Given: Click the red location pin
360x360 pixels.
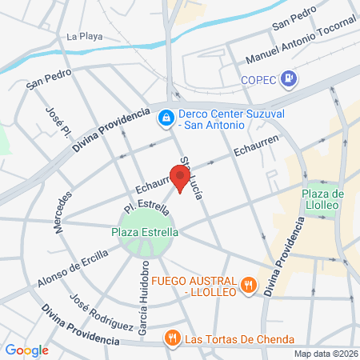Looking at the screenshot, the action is click(x=177, y=175).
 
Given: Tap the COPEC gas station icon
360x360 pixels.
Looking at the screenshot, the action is click(x=290, y=79).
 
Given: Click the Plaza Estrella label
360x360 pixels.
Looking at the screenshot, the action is click(x=144, y=232).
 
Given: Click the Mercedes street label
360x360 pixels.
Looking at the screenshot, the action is click(x=64, y=212).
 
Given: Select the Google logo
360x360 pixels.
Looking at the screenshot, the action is click(x=26, y=350).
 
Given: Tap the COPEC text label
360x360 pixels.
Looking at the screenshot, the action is click(x=258, y=79).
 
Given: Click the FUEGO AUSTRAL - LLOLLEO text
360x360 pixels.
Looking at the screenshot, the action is click(x=194, y=286).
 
